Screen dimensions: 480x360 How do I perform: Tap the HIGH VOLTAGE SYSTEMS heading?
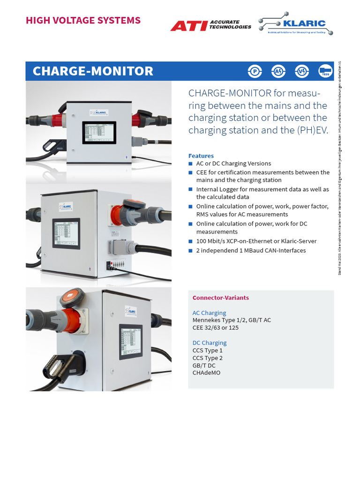point(83,20)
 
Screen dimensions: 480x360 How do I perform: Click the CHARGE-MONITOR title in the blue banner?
point(93,71)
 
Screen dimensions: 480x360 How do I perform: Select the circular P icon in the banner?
point(255,71)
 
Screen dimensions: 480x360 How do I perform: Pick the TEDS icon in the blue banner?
point(325,71)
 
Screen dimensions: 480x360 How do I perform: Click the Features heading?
point(201,156)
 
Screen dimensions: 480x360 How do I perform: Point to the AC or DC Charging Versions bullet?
point(233,164)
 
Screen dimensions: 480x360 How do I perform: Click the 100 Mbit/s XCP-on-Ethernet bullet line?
point(256,241)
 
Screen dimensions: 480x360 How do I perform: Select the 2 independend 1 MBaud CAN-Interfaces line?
point(251,250)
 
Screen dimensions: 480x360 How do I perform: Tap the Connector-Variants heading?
point(220,298)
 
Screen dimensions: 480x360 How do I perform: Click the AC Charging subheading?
point(209,313)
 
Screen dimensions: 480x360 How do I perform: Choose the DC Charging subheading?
point(209,343)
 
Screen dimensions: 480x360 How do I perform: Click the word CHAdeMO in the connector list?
point(206,373)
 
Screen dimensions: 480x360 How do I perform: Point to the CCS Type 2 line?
point(208,358)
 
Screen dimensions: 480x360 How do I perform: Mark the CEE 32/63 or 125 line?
point(216,328)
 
